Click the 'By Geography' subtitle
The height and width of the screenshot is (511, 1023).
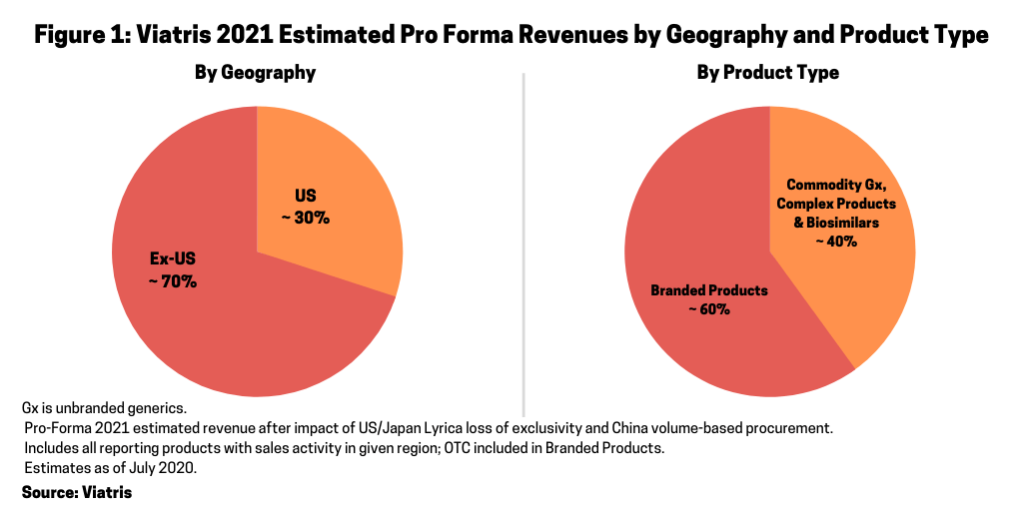point(255,73)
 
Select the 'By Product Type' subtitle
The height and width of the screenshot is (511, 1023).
point(767,73)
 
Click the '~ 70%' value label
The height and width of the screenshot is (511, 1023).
point(173,281)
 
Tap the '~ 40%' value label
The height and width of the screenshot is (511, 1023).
point(833,241)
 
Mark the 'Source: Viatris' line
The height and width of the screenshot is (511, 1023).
point(77,492)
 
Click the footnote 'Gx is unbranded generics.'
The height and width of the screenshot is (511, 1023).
point(104,408)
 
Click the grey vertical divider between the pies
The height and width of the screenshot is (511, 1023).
point(523,240)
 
